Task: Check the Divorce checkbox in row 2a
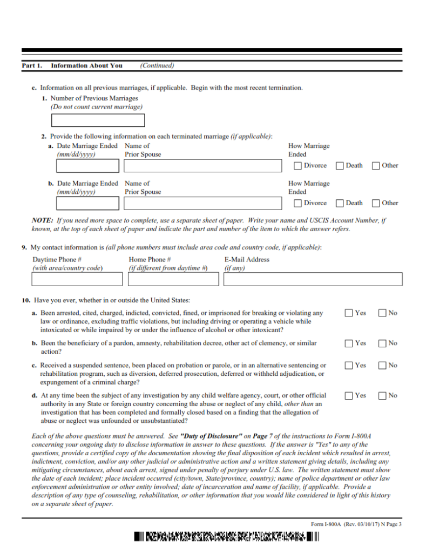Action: pos(297,166)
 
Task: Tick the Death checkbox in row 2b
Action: pos(340,204)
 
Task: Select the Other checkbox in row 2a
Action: pos(376,166)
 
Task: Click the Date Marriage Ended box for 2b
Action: pos(87,204)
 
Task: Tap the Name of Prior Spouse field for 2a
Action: pos(202,166)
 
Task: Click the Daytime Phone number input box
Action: pos(77,279)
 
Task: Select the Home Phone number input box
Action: pos(173,279)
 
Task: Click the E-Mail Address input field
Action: pos(313,279)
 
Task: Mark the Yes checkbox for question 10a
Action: pos(349,313)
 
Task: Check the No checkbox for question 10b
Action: pos(382,343)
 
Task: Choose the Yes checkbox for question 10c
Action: pos(349,366)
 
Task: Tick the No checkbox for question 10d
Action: pos(382,396)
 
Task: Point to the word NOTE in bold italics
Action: pos(42,220)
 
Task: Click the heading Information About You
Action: pos(86,66)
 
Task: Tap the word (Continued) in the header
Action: pos(157,66)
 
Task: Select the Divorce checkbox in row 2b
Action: pos(297,204)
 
